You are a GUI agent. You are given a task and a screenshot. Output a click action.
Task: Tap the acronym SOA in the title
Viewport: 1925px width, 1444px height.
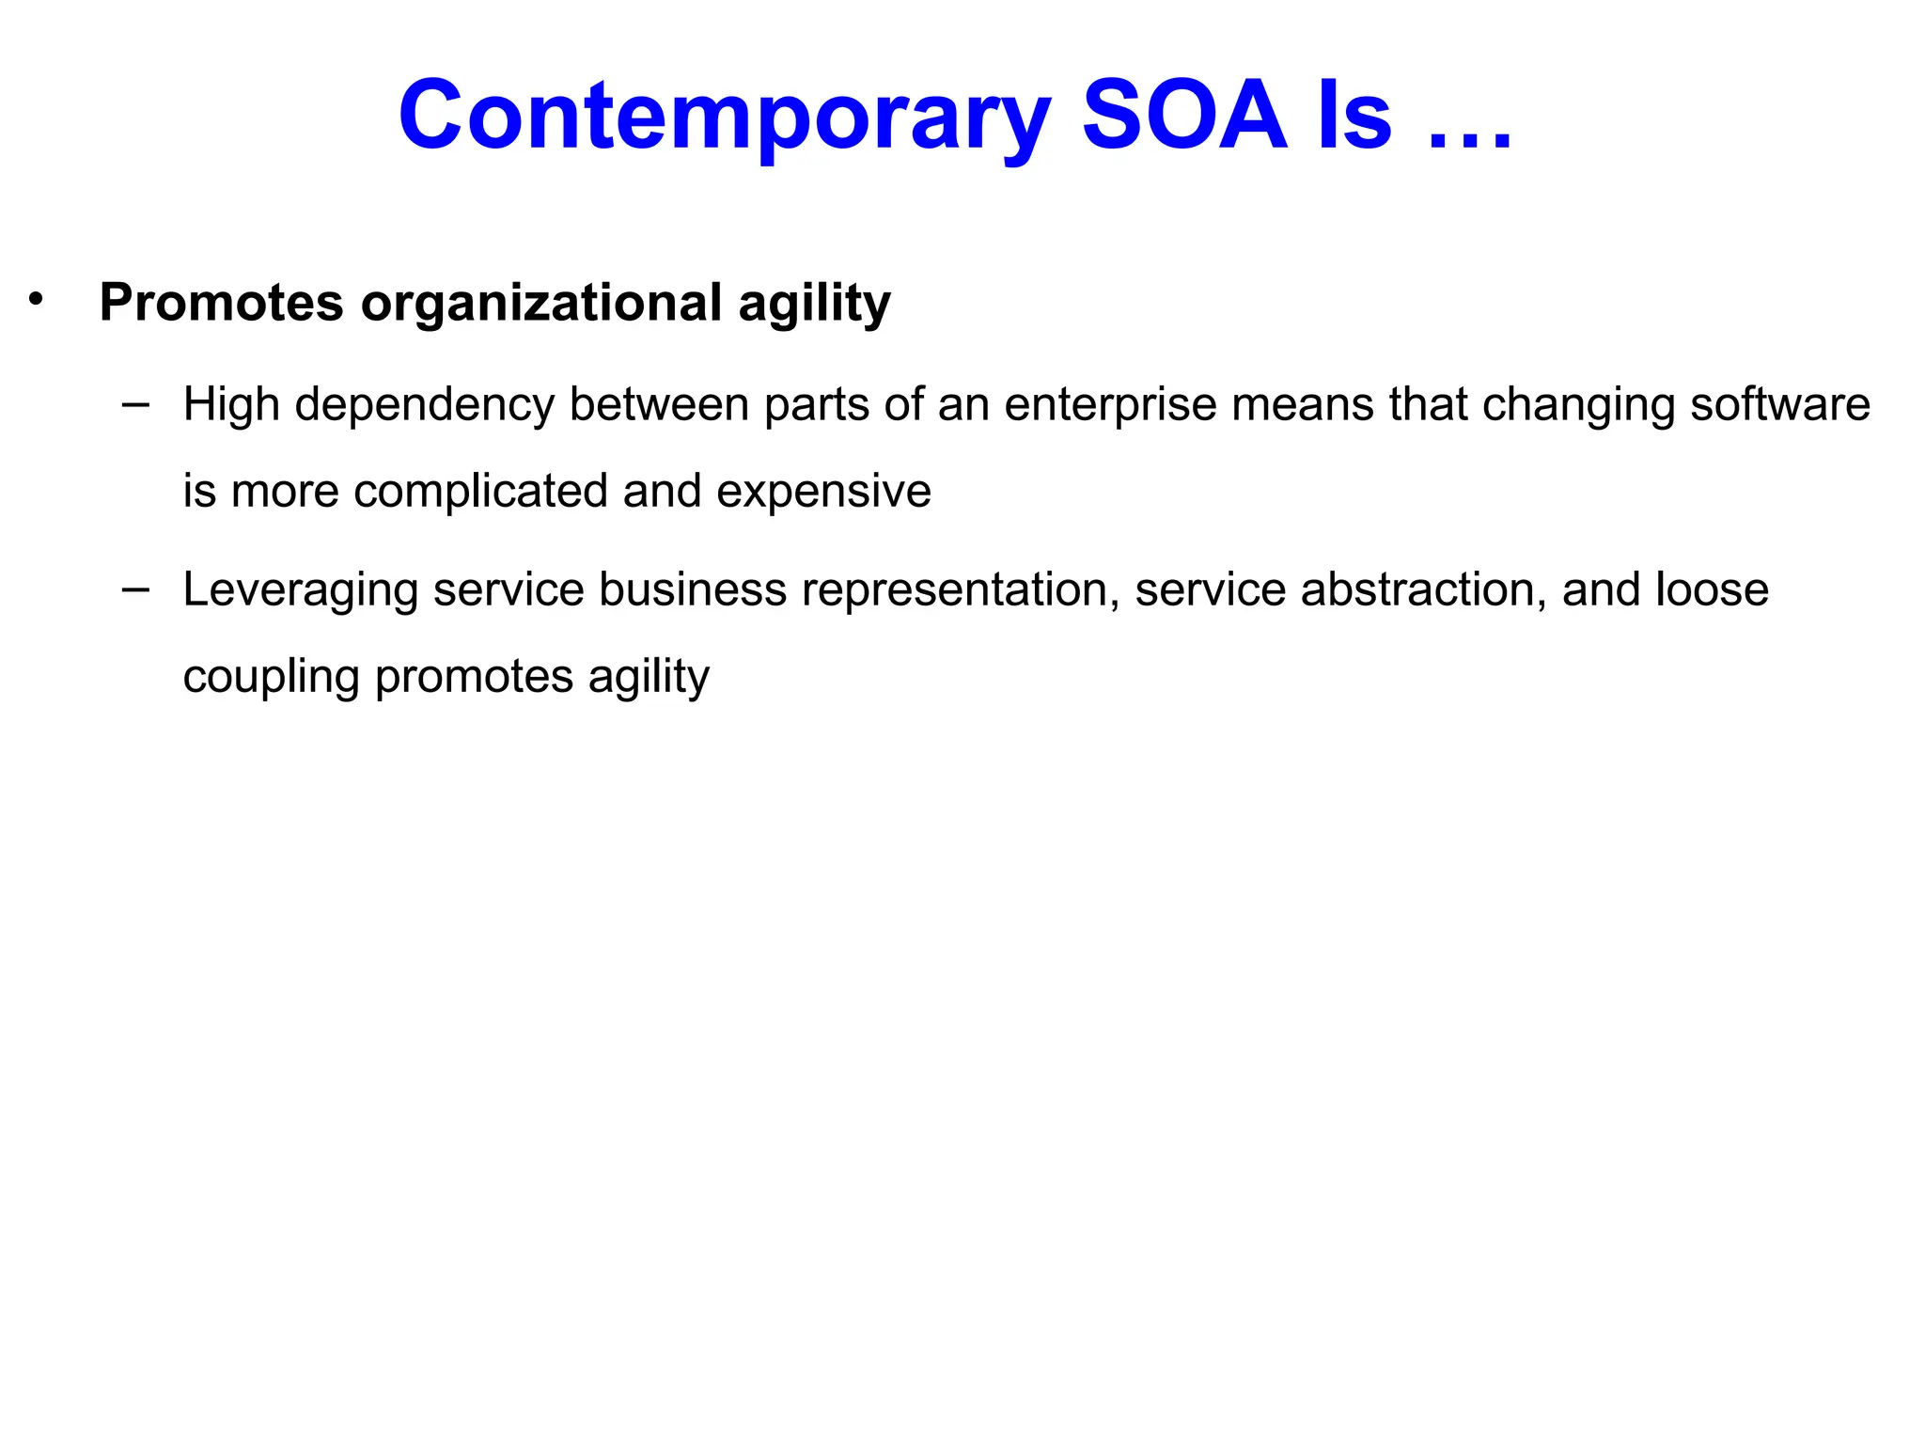[1184, 115]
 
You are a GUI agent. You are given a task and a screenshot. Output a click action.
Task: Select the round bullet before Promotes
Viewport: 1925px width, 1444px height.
[36, 300]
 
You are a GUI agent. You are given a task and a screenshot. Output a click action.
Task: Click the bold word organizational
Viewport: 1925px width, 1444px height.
[541, 303]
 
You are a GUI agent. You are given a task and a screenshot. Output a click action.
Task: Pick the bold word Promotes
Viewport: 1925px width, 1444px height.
[222, 303]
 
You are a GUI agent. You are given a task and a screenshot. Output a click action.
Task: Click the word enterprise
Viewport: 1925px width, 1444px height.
[1110, 405]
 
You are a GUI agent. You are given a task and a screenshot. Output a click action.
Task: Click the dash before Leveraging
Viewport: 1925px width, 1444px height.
[135, 589]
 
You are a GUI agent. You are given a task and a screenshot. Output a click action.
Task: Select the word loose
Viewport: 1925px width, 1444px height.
[1712, 589]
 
